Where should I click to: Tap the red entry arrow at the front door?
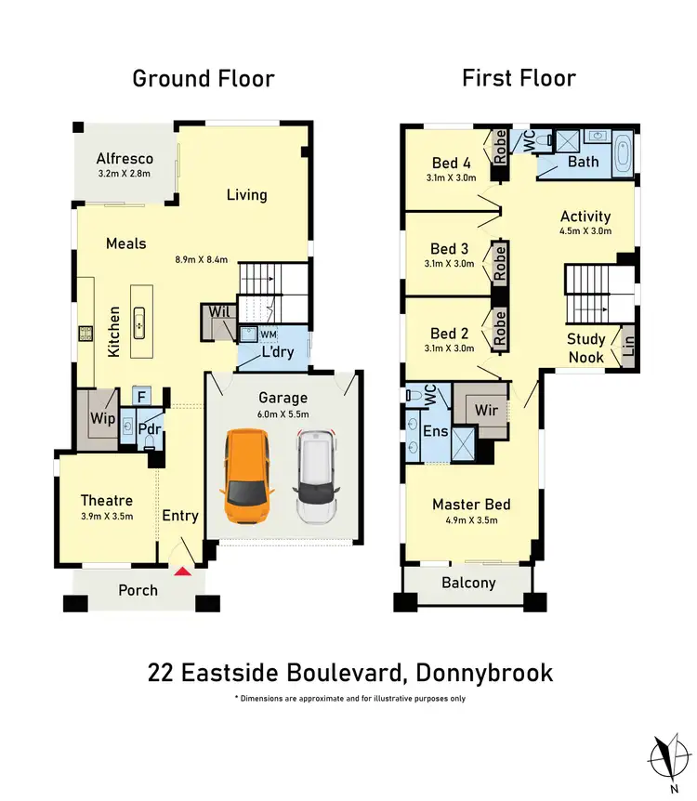pos(183,571)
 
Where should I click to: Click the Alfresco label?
pos(125,158)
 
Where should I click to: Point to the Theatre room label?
pos(106,500)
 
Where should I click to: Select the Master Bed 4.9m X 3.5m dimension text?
pos(471,520)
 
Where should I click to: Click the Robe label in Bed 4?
pos(500,148)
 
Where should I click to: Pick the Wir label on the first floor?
pos(485,409)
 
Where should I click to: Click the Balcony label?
pos(467,584)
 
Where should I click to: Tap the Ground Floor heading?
pos(204,78)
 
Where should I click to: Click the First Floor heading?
pos(519,78)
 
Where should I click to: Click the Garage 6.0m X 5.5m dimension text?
pos(283,414)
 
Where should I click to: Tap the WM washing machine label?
pos(269,333)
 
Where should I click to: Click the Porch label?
pos(138,590)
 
